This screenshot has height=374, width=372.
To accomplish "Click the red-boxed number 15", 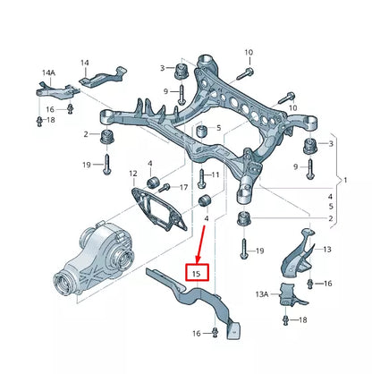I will (197, 271).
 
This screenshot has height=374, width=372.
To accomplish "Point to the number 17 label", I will (184, 187).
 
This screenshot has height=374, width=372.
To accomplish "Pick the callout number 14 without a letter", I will (84, 63).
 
